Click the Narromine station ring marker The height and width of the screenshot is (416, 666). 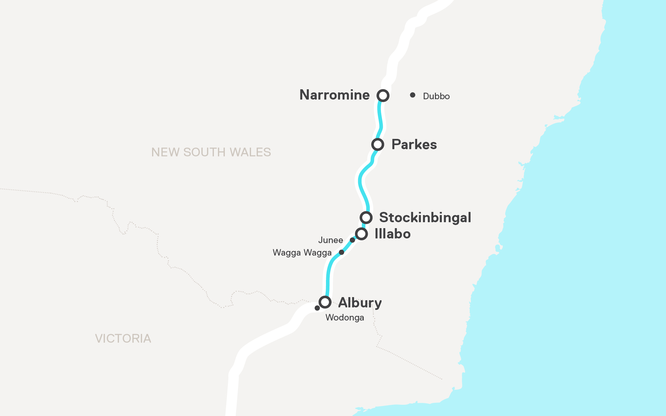tap(383, 95)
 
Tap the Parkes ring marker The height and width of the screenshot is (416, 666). tap(377, 144)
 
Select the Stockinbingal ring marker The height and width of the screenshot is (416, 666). tap(366, 218)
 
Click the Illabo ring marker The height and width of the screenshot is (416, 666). tap(361, 234)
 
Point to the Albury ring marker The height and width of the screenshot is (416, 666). tap(325, 302)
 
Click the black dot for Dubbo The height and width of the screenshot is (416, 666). tap(412, 95)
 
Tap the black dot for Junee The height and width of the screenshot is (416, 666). tap(352, 240)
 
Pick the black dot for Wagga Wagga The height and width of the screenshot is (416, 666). tap(342, 252)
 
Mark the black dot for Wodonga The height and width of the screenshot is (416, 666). tap(317, 308)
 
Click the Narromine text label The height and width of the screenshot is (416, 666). tap(334, 95)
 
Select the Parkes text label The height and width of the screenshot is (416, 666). tap(414, 144)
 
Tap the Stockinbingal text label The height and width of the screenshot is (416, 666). tap(425, 218)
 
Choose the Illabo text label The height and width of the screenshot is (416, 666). tap(392, 234)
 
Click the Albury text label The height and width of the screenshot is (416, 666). tap(360, 303)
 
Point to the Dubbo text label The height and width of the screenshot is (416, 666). tap(436, 96)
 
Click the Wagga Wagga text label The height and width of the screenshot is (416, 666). tap(302, 252)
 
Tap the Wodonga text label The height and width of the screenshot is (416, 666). tap(345, 318)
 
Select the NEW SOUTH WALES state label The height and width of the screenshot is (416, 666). tap(211, 152)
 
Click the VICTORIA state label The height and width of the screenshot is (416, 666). tap(123, 339)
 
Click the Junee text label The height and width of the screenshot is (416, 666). tap(330, 240)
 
